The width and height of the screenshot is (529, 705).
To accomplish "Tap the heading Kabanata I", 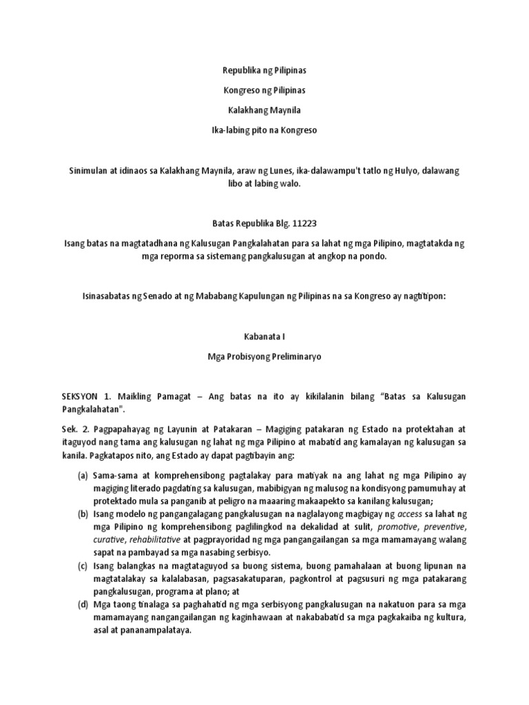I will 264,339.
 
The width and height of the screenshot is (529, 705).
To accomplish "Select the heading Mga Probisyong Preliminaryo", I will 264,358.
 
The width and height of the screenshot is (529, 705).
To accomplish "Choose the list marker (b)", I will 81,513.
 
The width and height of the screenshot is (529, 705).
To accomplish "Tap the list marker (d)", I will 81,602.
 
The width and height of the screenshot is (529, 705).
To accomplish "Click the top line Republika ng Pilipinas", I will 264,70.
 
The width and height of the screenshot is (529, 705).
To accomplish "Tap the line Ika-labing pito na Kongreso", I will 264,130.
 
